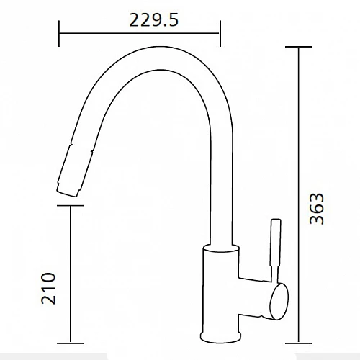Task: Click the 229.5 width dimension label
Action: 154,20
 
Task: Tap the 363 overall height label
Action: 317,209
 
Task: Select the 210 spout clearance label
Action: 48,289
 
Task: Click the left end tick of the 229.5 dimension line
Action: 59,33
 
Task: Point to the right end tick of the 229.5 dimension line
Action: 220,33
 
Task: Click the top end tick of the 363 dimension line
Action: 298,47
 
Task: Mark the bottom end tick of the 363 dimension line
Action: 298,343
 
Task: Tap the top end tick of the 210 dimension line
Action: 71,205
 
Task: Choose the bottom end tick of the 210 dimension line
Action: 71,343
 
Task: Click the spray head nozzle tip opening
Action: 67,194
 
